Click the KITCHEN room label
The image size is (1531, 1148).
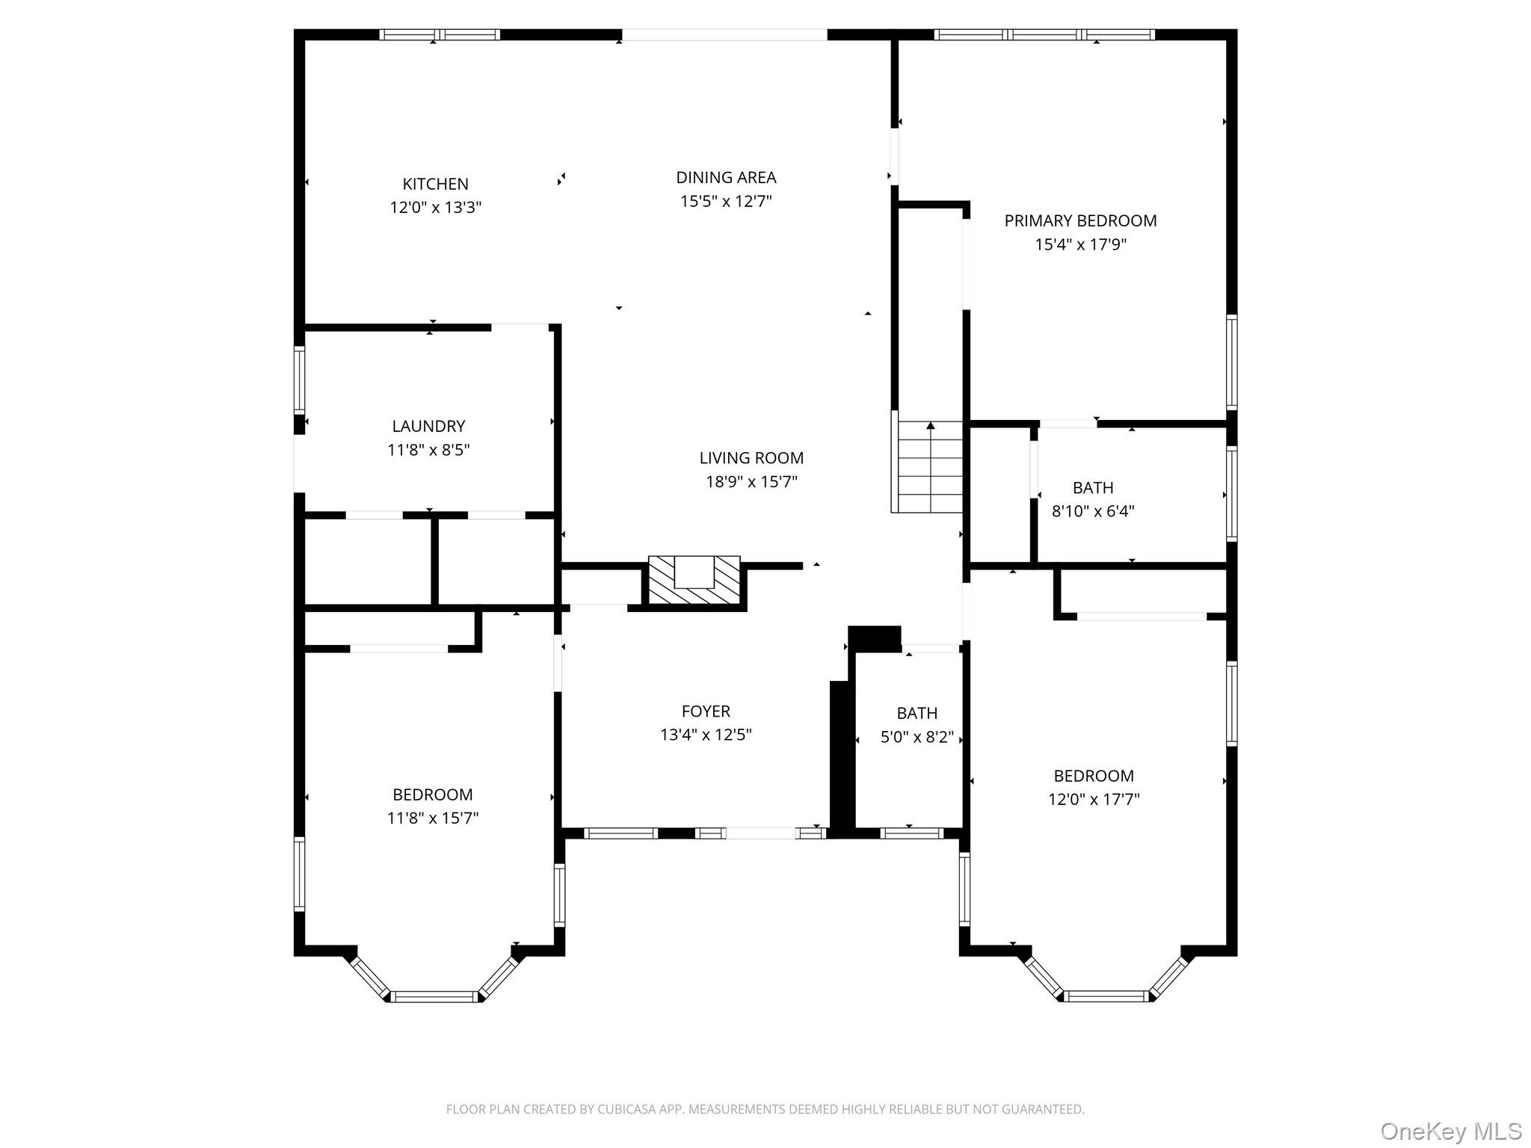[435, 184]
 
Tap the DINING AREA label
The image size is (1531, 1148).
[726, 177]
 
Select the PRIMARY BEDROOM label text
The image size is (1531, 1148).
[1079, 220]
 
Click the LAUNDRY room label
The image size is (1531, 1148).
[428, 426]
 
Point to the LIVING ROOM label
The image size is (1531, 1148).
[751, 457]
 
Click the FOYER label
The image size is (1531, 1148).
[705, 711]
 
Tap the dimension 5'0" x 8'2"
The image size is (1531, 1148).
[917, 737]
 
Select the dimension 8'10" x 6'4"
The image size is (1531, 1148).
[1092, 511]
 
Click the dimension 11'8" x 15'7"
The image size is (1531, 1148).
[432, 818]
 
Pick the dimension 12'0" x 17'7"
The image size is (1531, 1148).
[1093, 799]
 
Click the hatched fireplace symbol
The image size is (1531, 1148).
[694, 581]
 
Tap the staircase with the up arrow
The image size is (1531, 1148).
[930, 466]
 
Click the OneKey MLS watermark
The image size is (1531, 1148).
[1450, 1131]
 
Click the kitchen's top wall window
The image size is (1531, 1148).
[440, 34]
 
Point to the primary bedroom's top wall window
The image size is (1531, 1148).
[1044, 34]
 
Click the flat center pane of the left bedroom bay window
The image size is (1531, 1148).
[434, 996]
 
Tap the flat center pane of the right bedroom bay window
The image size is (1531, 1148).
[1106, 996]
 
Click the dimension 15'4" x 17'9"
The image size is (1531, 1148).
[1079, 244]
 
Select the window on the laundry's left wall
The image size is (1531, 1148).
[299, 380]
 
